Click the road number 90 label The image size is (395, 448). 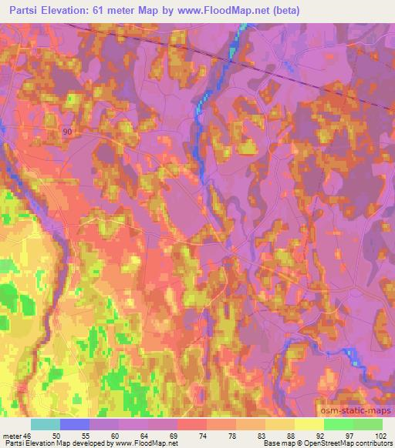tap(67, 132)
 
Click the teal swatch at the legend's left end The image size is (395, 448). tap(46, 424)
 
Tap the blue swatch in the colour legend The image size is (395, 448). tap(75, 424)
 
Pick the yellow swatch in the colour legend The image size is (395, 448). tap(309, 424)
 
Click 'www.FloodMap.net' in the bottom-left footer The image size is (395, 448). tap(146, 443)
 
